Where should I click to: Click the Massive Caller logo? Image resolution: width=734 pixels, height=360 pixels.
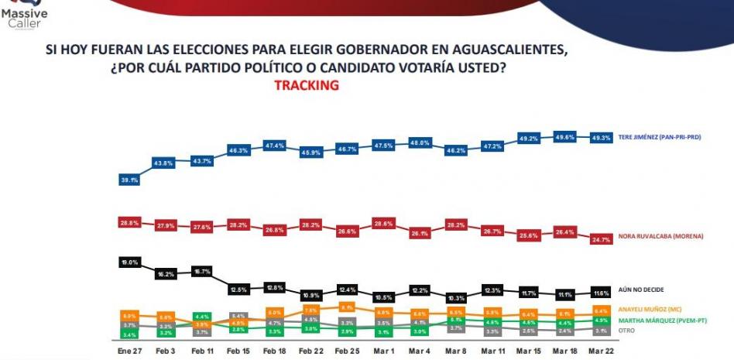[x=27, y=15]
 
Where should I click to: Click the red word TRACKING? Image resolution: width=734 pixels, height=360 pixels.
[x=307, y=86]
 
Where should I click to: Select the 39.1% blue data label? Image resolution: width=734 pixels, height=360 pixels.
[x=129, y=180]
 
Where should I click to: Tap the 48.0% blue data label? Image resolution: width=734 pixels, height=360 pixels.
[x=420, y=142]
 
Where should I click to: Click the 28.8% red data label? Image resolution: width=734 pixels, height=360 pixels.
[x=129, y=221]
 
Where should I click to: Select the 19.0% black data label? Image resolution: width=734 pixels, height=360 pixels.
[x=129, y=262]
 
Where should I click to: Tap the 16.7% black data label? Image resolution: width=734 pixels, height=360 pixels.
[x=202, y=271]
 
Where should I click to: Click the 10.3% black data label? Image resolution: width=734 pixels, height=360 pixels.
[x=456, y=298]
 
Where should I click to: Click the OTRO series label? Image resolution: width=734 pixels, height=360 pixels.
[x=626, y=330]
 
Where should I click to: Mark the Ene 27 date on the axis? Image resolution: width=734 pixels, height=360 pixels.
[x=129, y=350]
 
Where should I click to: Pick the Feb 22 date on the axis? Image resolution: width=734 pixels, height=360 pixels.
[x=310, y=350]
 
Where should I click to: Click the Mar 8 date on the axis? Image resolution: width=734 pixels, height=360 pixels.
[x=456, y=350]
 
